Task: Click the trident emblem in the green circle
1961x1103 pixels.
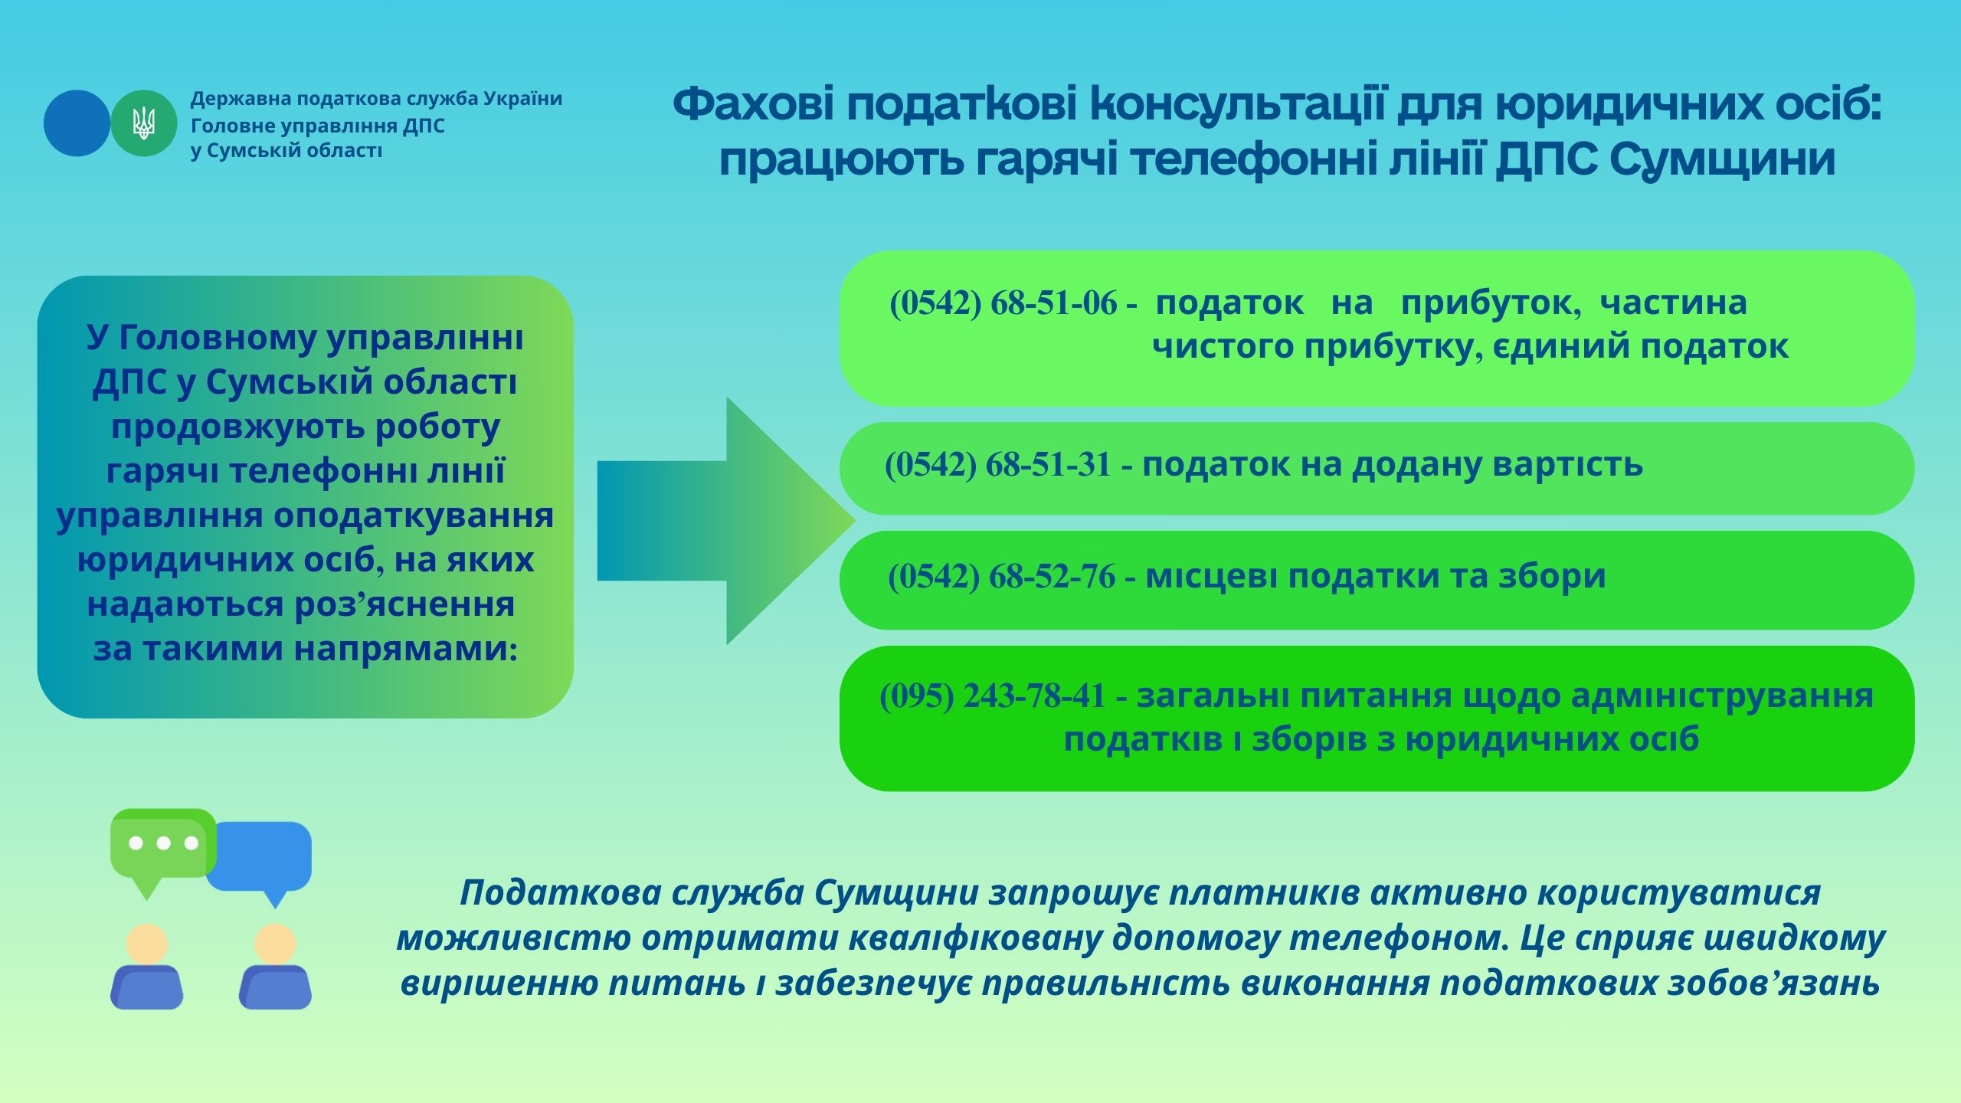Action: click(144, 123)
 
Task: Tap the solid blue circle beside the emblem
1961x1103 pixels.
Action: click(77, 123)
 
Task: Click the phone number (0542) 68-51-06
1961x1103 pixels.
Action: click(1003, 303)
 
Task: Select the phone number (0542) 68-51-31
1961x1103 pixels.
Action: click(998, 465)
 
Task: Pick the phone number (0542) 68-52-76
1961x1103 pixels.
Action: click(1002, 577)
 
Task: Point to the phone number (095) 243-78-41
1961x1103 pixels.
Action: click(994, 696)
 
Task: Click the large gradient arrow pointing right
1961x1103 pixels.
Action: click(725, 521)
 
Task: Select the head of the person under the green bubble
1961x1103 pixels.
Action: click(147, 944)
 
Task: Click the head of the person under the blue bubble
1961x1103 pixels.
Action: click(275, 944)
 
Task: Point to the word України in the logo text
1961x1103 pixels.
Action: click(523, 99)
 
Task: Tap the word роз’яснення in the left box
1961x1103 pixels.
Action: click(405, 604)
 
